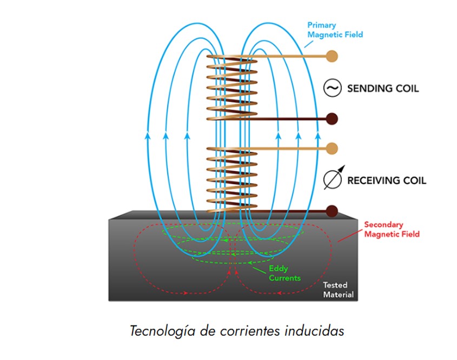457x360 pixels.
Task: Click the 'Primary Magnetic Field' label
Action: (x=335, y=30)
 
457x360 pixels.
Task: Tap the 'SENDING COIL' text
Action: (x=382, y=88)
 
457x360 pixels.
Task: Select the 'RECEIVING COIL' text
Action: (x=386, y=180)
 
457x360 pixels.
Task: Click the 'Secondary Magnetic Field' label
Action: (x=392, y=229)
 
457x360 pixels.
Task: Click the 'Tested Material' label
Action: (x=338, y=290)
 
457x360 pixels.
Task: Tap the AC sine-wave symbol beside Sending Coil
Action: (x=332, y=88)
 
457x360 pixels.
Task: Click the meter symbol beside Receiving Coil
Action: (x=332, y=180)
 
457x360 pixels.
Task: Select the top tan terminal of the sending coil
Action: (x=332, y=56)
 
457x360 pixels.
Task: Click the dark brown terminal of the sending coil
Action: (x=332, y=119)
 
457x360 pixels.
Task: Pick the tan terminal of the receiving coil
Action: (x=332, y=148)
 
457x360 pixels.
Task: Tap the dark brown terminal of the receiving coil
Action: (x=332, y=211)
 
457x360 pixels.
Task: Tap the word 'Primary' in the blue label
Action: (x=321, y=25)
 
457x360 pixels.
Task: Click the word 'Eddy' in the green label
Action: (x=277, y=269)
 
